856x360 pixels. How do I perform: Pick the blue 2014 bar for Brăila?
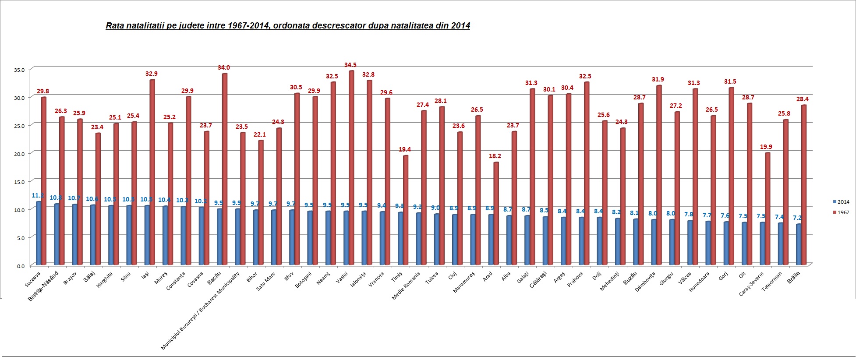click(799, 245)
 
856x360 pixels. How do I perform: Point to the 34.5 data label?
click(350, 65)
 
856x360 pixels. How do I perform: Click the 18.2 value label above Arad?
click(495, 156)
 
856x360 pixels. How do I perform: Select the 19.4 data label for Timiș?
click(405, 149)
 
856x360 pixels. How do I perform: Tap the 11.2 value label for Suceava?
click(38, 195)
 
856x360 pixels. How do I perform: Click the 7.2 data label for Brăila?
click(797, 218)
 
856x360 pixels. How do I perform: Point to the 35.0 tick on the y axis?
click(19, 70)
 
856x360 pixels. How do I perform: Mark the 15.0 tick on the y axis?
click(19, 181)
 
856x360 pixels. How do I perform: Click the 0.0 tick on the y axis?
click(21, 265)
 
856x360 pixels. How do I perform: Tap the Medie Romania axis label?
click(406, 286)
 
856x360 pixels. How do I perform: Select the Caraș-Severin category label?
click(751, 284)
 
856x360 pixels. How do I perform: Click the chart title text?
click(288, 25)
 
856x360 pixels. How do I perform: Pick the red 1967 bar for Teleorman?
click(785, 192)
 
